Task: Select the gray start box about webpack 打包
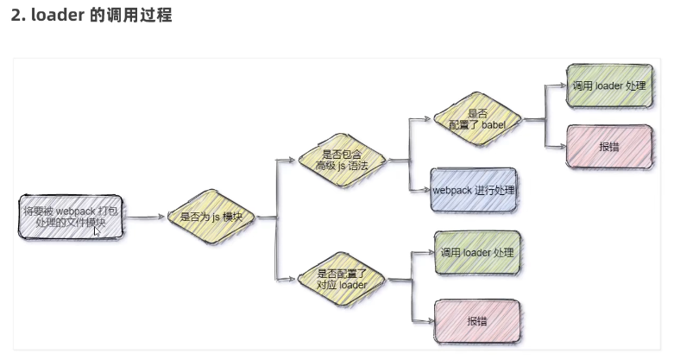click(72, 217)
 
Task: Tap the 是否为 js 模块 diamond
click(211, 218)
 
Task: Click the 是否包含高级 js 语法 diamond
click(341, 159)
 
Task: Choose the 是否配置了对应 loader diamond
click(341, 278)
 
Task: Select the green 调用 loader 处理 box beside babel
click(609, 86)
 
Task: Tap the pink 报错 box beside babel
click(609, 146)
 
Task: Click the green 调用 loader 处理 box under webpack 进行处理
click(477, 253)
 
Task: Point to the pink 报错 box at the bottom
click(477, 321)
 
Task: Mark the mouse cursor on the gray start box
click(98, 231)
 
